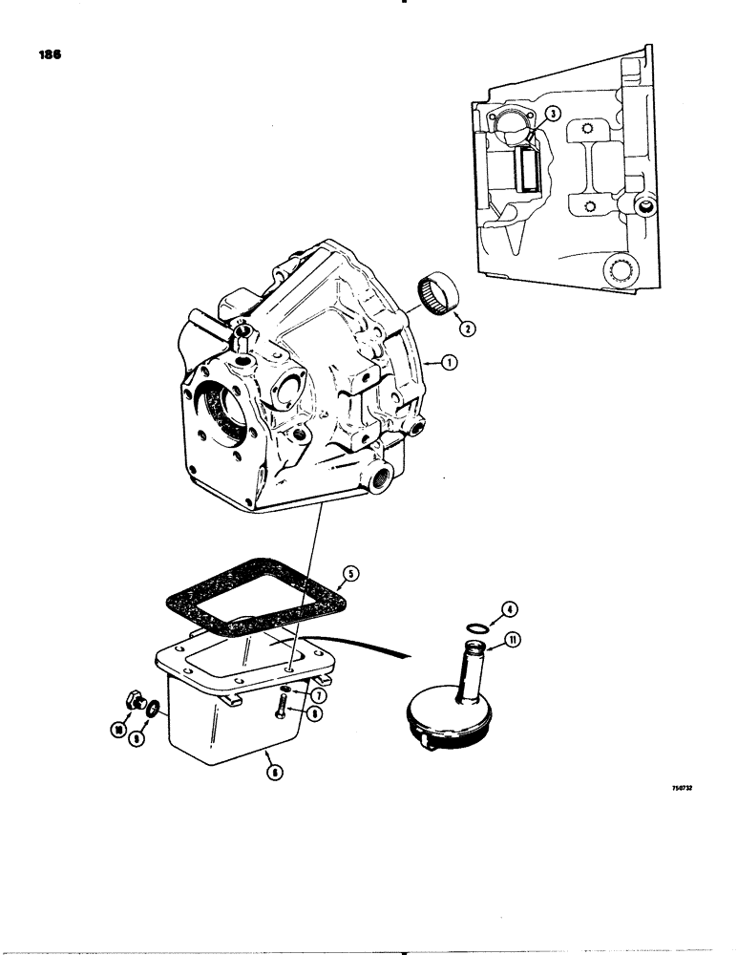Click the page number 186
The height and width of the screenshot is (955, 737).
51,56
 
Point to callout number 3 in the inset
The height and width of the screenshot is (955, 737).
551,113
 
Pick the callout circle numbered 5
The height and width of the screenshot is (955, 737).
350,574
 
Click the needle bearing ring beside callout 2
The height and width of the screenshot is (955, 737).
438,289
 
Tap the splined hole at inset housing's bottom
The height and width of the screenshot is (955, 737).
618,267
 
